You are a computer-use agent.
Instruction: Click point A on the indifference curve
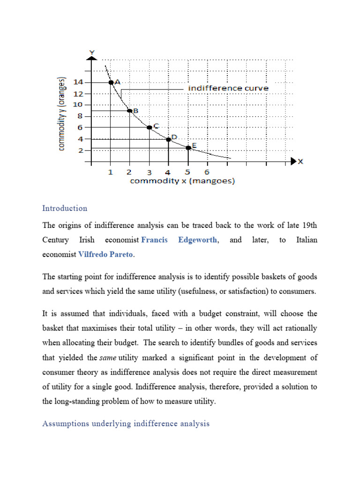(x=111, y=82)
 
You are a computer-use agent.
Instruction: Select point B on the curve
(x=130, y=111)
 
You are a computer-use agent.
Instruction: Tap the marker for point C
(x=149, y=127)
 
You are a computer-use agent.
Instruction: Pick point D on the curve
(x=169, y=139)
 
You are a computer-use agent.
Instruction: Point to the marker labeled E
(x=188, y=148)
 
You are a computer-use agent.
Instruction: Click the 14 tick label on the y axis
(x=77, y=82)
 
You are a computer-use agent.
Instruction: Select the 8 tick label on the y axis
(x=80, y=116)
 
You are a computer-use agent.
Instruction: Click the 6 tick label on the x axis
(x=207, y=172)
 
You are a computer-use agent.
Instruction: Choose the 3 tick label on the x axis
(x=149, y=172)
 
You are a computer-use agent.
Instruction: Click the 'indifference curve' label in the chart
(x=228, y=88)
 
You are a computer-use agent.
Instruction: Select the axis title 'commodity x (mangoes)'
(x=182, y=181)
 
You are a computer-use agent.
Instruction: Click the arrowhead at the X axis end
(x=294, y=161)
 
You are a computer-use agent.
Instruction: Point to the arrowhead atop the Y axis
(x=92, y=57)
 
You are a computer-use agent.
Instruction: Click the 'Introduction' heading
(x=65, y=208)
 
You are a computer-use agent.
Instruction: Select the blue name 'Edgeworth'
(x=197, y=240)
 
